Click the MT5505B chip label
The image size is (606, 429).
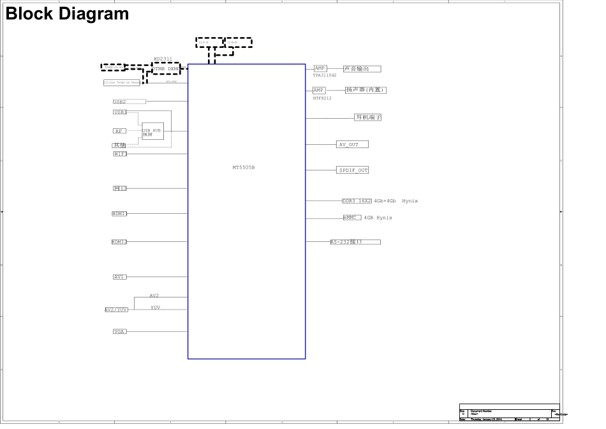click(244, 167)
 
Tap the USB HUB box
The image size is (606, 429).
click(152, 131)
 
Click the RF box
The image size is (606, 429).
click(119, 131)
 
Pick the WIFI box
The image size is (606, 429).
click(119, 154)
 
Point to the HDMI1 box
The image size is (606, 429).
click(119, 214)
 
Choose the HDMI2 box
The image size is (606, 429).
click(119, 242)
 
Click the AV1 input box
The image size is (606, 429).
click(119, 277)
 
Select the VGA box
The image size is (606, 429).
click(119, 331)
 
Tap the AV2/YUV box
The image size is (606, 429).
click(117, 309)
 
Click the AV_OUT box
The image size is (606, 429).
click(352, 144)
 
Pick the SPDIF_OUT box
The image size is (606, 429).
click(353, 170)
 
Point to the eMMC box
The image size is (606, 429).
click(352, 218)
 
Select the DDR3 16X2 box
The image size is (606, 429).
click(357, 200)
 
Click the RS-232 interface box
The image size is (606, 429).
click(355, 242)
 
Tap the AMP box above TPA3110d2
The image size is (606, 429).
click(320, 68)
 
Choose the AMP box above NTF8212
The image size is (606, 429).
click(319, 90)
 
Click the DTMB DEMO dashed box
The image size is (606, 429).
click(166, 68)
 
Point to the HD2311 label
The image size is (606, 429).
click(163, 59)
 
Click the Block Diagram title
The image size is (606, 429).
click(67, 14)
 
